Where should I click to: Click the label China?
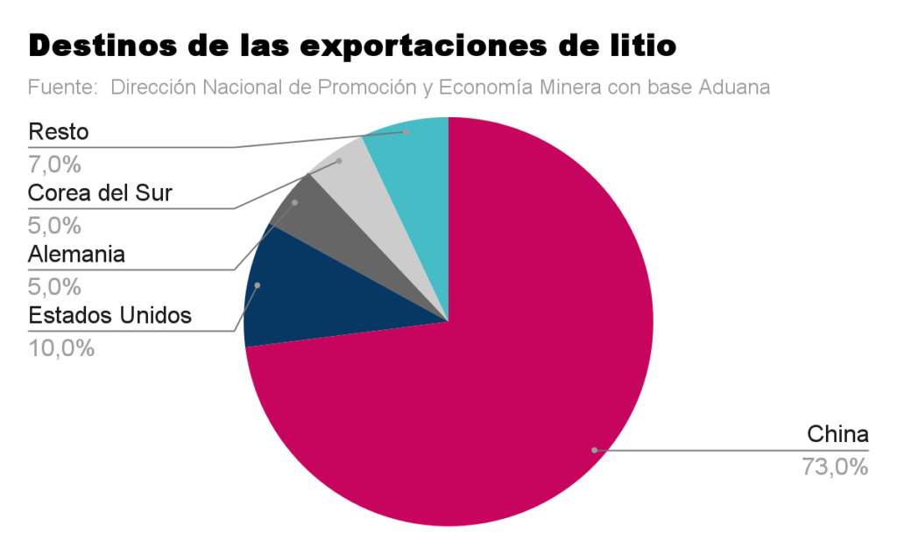[837, 434]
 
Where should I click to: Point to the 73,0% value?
[834, 467]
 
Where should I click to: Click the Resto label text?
[59, 132]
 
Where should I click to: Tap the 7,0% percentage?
[54, 164]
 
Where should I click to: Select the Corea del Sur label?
[100, 193]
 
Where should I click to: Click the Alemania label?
[76, 255]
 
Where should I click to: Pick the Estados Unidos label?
[109, 315]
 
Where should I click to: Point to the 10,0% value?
[61, 347]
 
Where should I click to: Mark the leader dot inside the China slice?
[594, 450]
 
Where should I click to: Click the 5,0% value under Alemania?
[54, 286]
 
